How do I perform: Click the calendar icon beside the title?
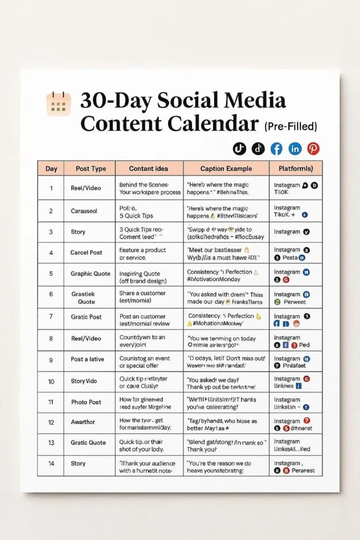coord(59,104)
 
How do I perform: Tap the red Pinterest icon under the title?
coord(314,149)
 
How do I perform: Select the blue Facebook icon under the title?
coord(276,149)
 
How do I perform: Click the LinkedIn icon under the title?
coord(295,149)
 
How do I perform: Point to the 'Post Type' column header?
coord(90,169)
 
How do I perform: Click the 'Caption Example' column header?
coord(227,169)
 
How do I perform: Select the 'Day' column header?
coord(51,169)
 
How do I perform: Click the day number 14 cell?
coord(51,463)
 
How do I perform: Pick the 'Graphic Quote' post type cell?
coord(90,274)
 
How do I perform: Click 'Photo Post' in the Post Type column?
coord(86,402)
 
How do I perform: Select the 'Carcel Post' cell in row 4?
coord(86,253)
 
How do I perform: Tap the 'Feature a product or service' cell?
coord(142,253)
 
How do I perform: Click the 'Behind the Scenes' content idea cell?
coord(150,188)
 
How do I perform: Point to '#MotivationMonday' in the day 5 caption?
coord(213,279)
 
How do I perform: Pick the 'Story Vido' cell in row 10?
coord(84,381)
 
